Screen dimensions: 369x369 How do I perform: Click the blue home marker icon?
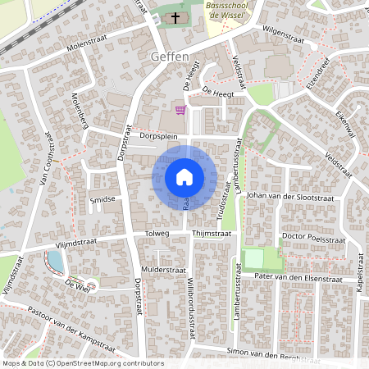[184, 177]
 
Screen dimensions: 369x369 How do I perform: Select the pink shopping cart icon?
[180, 110]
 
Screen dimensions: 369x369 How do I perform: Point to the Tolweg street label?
[155, 233]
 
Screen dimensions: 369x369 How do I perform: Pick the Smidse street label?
[102, 199]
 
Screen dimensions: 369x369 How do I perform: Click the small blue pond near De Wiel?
[55, 261]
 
